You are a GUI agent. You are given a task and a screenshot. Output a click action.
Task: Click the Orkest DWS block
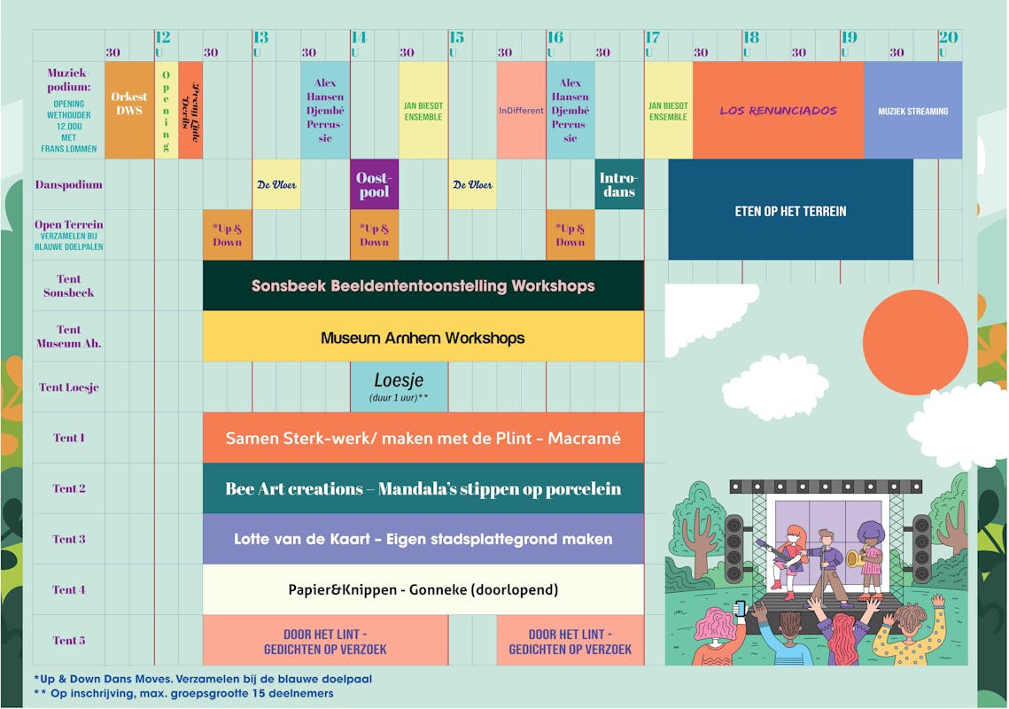point(129,110)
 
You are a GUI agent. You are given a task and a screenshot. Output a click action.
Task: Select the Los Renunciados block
point(778,110)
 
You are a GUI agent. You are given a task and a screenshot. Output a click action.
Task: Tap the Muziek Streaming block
point(912,110)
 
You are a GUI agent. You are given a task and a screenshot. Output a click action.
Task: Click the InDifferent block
point(521,110)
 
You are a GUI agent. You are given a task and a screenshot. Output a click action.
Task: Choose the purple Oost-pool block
point(374,184)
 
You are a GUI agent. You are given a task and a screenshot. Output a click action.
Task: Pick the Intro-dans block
point(618,184)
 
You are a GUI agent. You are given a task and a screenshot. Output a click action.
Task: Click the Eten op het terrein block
point(790,210)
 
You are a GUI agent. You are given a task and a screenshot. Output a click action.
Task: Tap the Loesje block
point(399,386)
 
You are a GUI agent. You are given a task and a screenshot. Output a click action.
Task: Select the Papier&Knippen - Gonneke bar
point(423,589)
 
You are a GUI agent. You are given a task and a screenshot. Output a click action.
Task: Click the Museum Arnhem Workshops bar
point(423,337)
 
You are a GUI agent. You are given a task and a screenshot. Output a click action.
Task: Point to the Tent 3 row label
point(69,539)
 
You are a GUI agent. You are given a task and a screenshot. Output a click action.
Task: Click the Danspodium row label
point(68,185)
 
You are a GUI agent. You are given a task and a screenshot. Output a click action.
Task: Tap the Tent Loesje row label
point(69,387)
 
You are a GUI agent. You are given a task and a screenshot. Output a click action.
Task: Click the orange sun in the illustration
point(915,342)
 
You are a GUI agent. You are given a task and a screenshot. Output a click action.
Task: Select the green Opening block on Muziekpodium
point(166,110)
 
